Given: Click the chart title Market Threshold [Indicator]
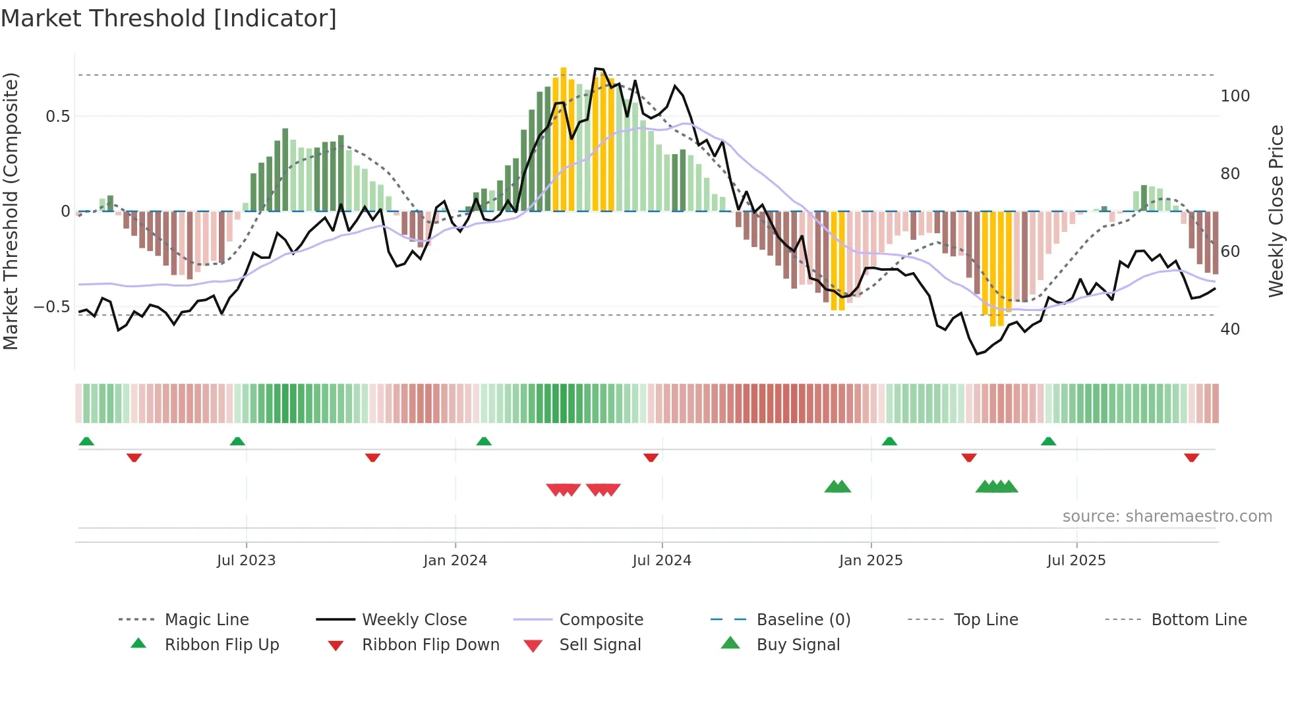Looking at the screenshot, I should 169,18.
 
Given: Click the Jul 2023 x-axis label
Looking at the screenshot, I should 246,561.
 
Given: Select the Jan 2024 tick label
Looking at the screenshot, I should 455,561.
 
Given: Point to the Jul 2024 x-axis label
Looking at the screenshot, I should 662,561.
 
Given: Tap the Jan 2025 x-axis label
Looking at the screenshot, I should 871,561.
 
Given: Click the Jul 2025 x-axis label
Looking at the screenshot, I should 1076,561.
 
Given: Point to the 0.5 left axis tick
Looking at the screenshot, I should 57,117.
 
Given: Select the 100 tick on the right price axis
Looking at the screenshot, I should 1235,96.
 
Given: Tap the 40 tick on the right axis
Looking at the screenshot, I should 1230,329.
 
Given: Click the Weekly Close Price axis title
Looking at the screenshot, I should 1276,211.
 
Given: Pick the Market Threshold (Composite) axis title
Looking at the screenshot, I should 11,211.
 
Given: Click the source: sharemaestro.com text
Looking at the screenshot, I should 1167,517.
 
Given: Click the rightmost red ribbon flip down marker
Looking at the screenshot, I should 1191,457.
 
